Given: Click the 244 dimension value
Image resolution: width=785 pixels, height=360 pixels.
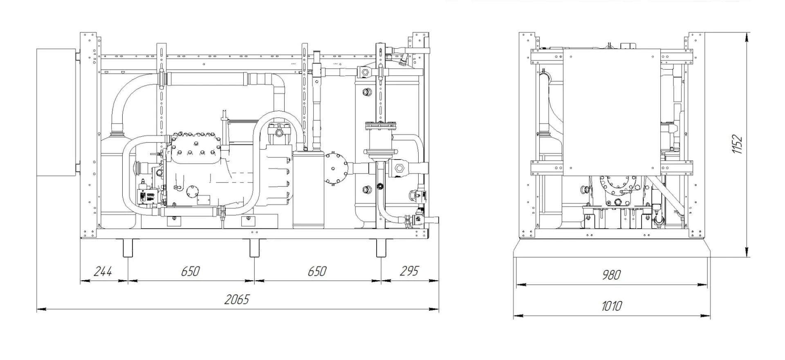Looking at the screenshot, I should click(103, 271).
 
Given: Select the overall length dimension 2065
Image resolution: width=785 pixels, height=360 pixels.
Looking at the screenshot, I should click(236, 300).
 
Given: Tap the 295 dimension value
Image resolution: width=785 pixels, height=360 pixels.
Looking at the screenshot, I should click(409, 271).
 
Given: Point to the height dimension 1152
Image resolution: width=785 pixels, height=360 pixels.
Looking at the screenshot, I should click(737, 144).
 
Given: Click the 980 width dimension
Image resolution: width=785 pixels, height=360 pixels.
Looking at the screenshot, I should click(611, 275).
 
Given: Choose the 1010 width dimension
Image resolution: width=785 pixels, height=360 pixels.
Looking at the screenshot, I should click(611, 306).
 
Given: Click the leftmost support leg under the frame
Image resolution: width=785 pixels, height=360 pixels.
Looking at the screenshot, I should click(128, 248).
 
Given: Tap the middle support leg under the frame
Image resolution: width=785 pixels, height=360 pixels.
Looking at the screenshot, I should click(254, 248).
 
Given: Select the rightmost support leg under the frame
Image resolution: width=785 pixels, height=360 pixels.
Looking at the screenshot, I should click(381, 248).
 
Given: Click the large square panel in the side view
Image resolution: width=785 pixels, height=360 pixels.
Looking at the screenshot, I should click(611, 112).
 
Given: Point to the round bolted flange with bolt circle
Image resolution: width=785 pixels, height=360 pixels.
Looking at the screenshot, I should click(336, 168).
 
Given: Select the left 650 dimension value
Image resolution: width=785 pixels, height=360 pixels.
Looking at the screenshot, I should click(190, 271).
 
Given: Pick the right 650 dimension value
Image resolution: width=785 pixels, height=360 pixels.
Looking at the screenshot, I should click(317, 271).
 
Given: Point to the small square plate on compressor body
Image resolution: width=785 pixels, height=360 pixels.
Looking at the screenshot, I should click(203, 200).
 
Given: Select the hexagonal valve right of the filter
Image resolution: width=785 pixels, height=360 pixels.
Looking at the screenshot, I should click(398, 169).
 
